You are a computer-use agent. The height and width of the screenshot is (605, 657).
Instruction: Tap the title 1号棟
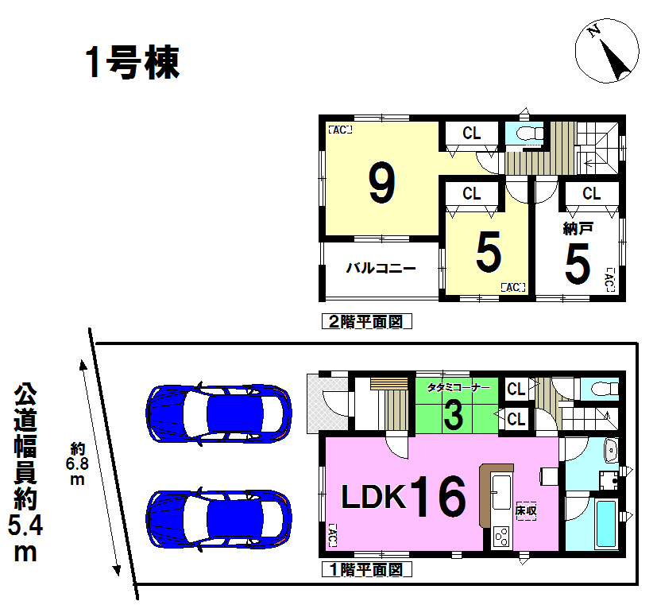coord(133,63)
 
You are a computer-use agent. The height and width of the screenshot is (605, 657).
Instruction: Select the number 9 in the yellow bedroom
coord(381,183)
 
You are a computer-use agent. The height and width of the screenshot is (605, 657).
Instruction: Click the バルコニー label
coord(381,268)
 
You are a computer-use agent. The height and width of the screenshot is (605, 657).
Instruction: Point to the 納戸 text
coord(578,229)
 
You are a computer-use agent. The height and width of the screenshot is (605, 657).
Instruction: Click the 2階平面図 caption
coord(366,321)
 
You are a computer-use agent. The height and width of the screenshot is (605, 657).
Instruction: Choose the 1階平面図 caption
coord(366,569)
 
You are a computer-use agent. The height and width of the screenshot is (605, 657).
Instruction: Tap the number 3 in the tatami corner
coord(454,415)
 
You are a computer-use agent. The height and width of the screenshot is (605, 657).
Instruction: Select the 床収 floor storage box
coord(526,511)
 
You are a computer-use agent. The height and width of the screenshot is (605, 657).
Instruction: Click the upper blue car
coord(219,413)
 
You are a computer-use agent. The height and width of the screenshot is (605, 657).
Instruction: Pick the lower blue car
coord(219,518)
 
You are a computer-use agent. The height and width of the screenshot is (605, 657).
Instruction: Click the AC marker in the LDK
coord(331,535)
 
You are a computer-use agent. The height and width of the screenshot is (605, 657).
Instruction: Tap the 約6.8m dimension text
coord(78,463)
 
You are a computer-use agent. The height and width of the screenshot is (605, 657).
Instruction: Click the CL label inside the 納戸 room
coord(591,193)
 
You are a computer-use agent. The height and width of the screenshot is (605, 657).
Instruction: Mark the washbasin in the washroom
coord(611,449)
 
